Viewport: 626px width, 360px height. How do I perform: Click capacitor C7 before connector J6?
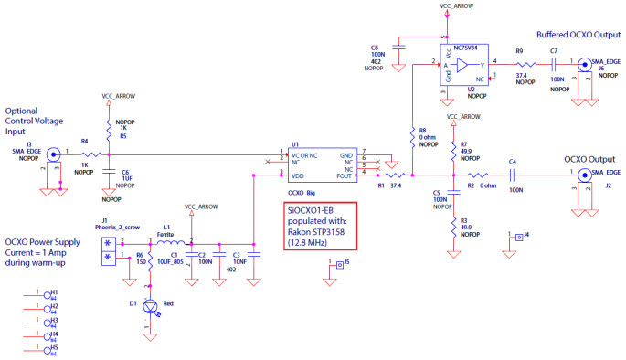coord(554,66)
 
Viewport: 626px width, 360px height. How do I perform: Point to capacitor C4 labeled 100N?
coord(514,175)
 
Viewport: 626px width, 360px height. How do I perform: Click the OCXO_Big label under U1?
coord(301,194)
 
